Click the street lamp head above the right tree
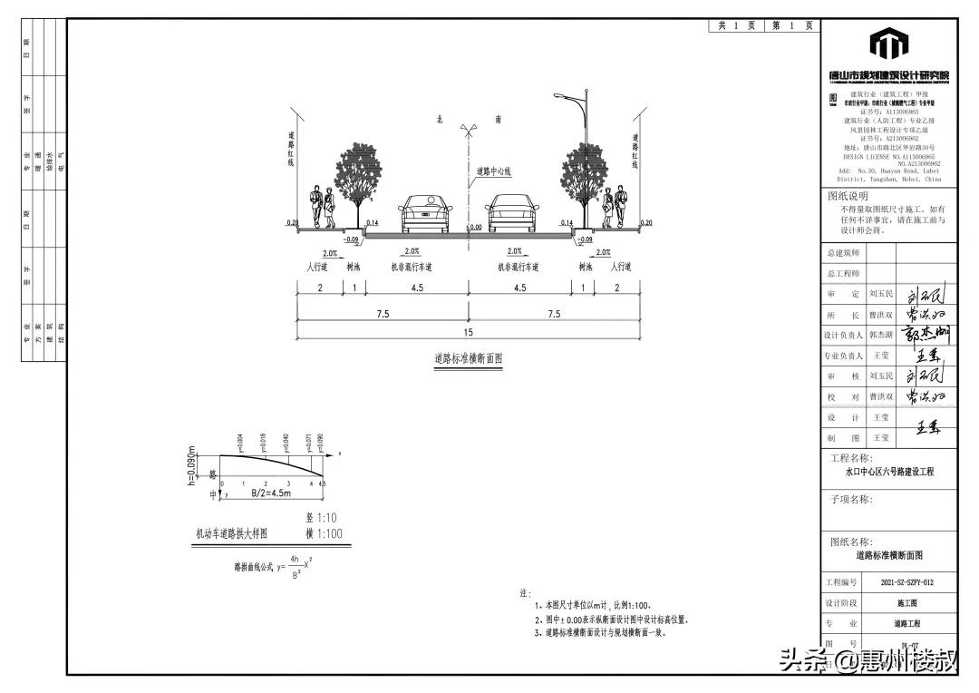point(561,94)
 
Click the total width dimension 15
point(469,333)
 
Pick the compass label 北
point(440,119)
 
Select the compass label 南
point(498,119)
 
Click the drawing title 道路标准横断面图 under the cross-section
point(468,359)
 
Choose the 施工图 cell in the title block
point(906,602)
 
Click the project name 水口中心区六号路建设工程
point(888,472)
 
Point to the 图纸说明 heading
point(848,195)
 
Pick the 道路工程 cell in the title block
point(906,624)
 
